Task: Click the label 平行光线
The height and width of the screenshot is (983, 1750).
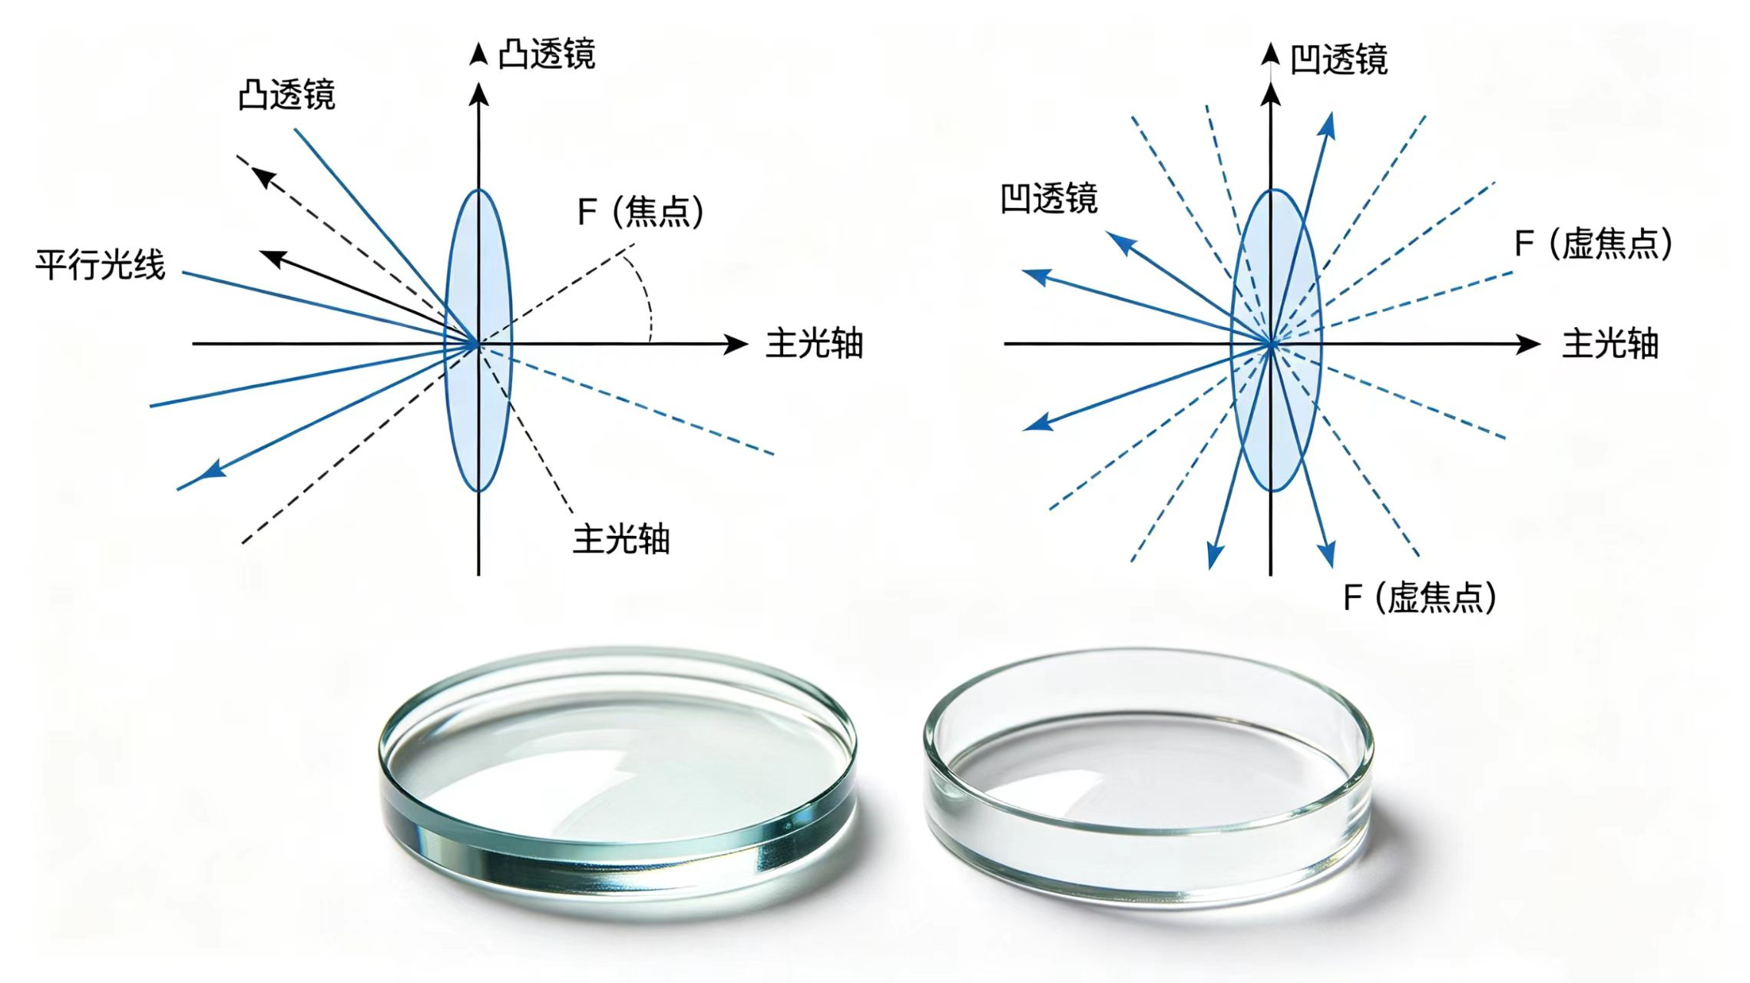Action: [x=101, y=265]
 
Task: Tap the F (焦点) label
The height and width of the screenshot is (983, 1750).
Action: [x=640, y=211]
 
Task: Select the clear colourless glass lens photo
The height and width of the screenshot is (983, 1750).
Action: [x=1148, y=776]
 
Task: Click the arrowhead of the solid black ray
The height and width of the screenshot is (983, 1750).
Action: [x=273, y=257]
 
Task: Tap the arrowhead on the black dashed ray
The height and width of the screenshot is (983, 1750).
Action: [x=263, y=177]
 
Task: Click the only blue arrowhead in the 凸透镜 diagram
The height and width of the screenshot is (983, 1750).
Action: [x=212, y=469]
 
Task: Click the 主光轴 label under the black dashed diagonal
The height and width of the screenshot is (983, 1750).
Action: [x=621, y=539]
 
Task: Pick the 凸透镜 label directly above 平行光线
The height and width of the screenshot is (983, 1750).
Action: [x=286, y=95]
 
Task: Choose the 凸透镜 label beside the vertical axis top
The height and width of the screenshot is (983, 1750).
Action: [x=547, y=55]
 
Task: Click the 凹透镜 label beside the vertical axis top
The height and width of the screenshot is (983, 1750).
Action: [x=1338, y=59]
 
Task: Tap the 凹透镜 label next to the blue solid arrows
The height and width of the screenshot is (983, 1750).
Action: [x=1049, y=198]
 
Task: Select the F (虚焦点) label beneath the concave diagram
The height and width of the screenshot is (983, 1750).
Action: [x=1420, y=597]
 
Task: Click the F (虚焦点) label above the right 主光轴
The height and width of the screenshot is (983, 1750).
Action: [x=1593, y=244]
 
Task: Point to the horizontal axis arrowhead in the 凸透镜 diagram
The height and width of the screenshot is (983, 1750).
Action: [x=737, y=344]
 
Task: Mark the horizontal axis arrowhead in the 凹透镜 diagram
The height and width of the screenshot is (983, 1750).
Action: [x=1529, y=344]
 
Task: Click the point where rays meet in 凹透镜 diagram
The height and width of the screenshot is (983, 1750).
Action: [x=1272, y=345]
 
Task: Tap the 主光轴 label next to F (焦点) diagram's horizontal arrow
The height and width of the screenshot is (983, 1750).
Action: [x=815, y=343]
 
